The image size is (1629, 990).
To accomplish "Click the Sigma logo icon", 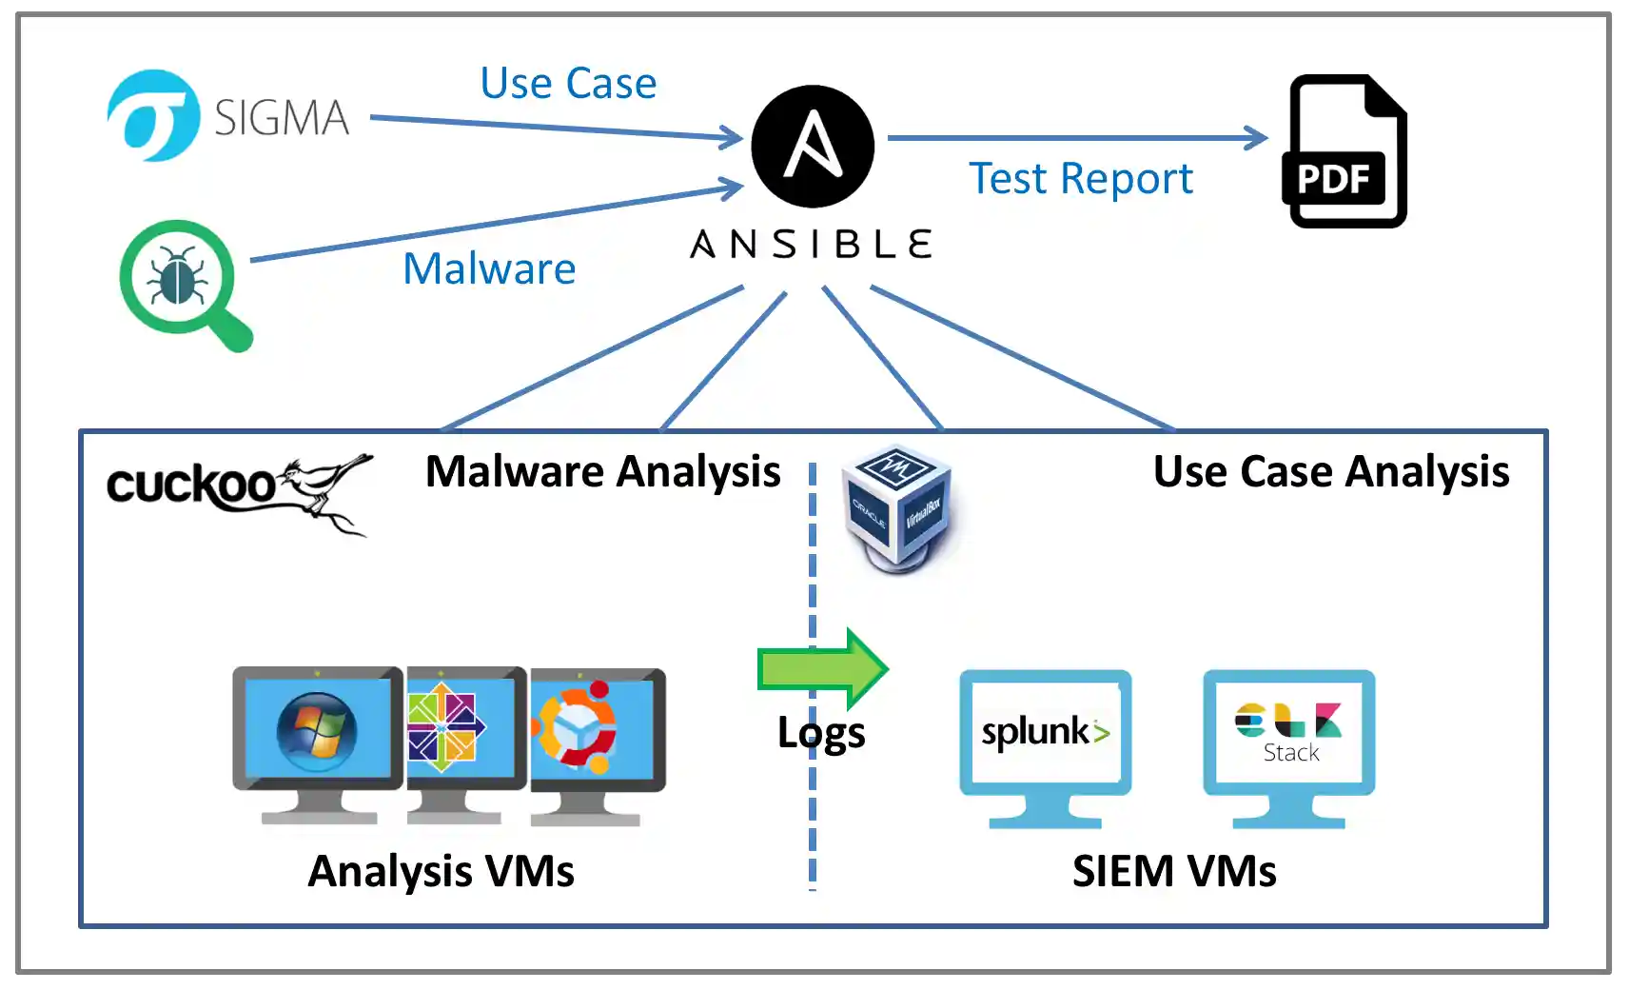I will point(153,115).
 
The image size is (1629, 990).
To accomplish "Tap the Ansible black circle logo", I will point(813,146).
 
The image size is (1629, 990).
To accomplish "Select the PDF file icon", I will point(1345,151).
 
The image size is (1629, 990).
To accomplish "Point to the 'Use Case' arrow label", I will point(568,84).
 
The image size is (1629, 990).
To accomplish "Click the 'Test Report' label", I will point(1080,179).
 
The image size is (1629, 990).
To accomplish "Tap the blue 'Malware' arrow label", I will point(489,269).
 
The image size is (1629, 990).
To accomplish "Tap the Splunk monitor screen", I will point(1045,731).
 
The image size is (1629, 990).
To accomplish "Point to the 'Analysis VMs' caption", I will point(441,871).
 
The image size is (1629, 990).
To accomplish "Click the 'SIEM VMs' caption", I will point(1174,871).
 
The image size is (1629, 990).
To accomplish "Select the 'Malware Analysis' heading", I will point(602,472).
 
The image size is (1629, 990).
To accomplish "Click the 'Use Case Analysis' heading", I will point(1330,472).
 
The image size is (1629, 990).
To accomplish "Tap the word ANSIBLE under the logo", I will point(812,245).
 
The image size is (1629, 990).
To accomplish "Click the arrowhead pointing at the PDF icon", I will point(1256,138).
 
